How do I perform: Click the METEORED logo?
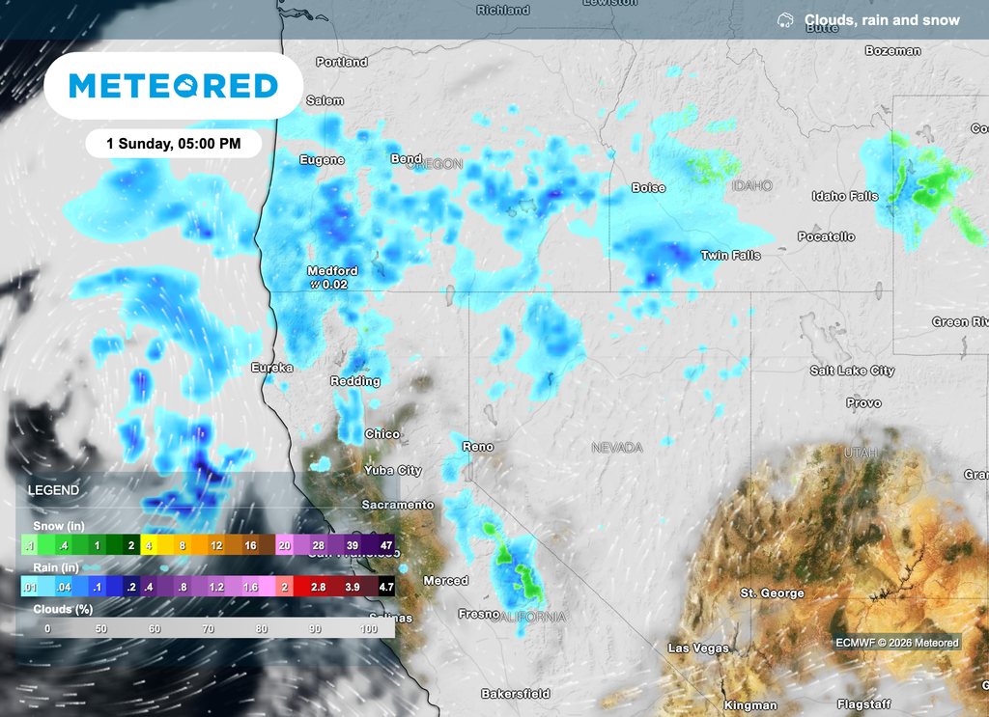coord(174,86)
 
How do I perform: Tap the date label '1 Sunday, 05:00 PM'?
coord(174,144)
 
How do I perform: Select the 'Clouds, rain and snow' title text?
coord(882,20)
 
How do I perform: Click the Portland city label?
coord(342,62)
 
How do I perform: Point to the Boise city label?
coord(648,188)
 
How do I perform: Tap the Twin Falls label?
coord(730,256)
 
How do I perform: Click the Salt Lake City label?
coord(852,371)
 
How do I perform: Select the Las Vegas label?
coord(698,648)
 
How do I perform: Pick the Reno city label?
coord(478,447)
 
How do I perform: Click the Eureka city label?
coord(271,368)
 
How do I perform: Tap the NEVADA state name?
coord(617,448)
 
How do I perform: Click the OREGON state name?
coord(436,165)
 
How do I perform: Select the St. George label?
coord(772,593)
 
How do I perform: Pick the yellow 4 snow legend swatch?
coord(149,545)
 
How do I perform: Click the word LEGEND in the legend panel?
coord(53,490)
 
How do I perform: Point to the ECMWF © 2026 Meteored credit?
coord(897,643)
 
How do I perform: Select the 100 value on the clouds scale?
coord(369,628)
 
